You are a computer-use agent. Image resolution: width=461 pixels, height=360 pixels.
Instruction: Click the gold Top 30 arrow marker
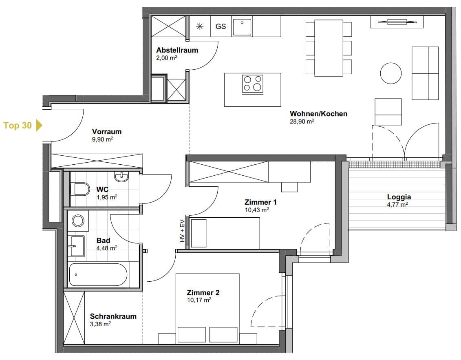39,125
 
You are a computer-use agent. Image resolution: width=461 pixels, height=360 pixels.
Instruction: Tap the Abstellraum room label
177,51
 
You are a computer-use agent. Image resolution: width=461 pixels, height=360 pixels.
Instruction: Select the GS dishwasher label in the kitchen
221,27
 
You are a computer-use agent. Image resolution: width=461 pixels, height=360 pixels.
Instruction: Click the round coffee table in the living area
391,73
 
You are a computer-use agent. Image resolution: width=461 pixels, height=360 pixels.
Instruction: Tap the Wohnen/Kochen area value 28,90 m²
302,121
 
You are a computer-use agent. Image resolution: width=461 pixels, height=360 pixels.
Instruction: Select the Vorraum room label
107,132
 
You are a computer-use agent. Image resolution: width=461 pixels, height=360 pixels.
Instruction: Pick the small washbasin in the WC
121,177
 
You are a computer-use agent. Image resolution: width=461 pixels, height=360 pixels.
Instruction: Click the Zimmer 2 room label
203,293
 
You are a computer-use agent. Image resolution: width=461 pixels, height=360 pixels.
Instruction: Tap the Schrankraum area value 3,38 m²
100,324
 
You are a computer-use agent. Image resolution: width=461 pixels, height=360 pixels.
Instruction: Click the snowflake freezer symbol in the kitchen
199,27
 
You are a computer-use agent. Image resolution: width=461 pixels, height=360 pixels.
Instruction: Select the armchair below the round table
388,111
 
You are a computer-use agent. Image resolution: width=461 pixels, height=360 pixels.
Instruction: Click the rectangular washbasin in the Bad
77,245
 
